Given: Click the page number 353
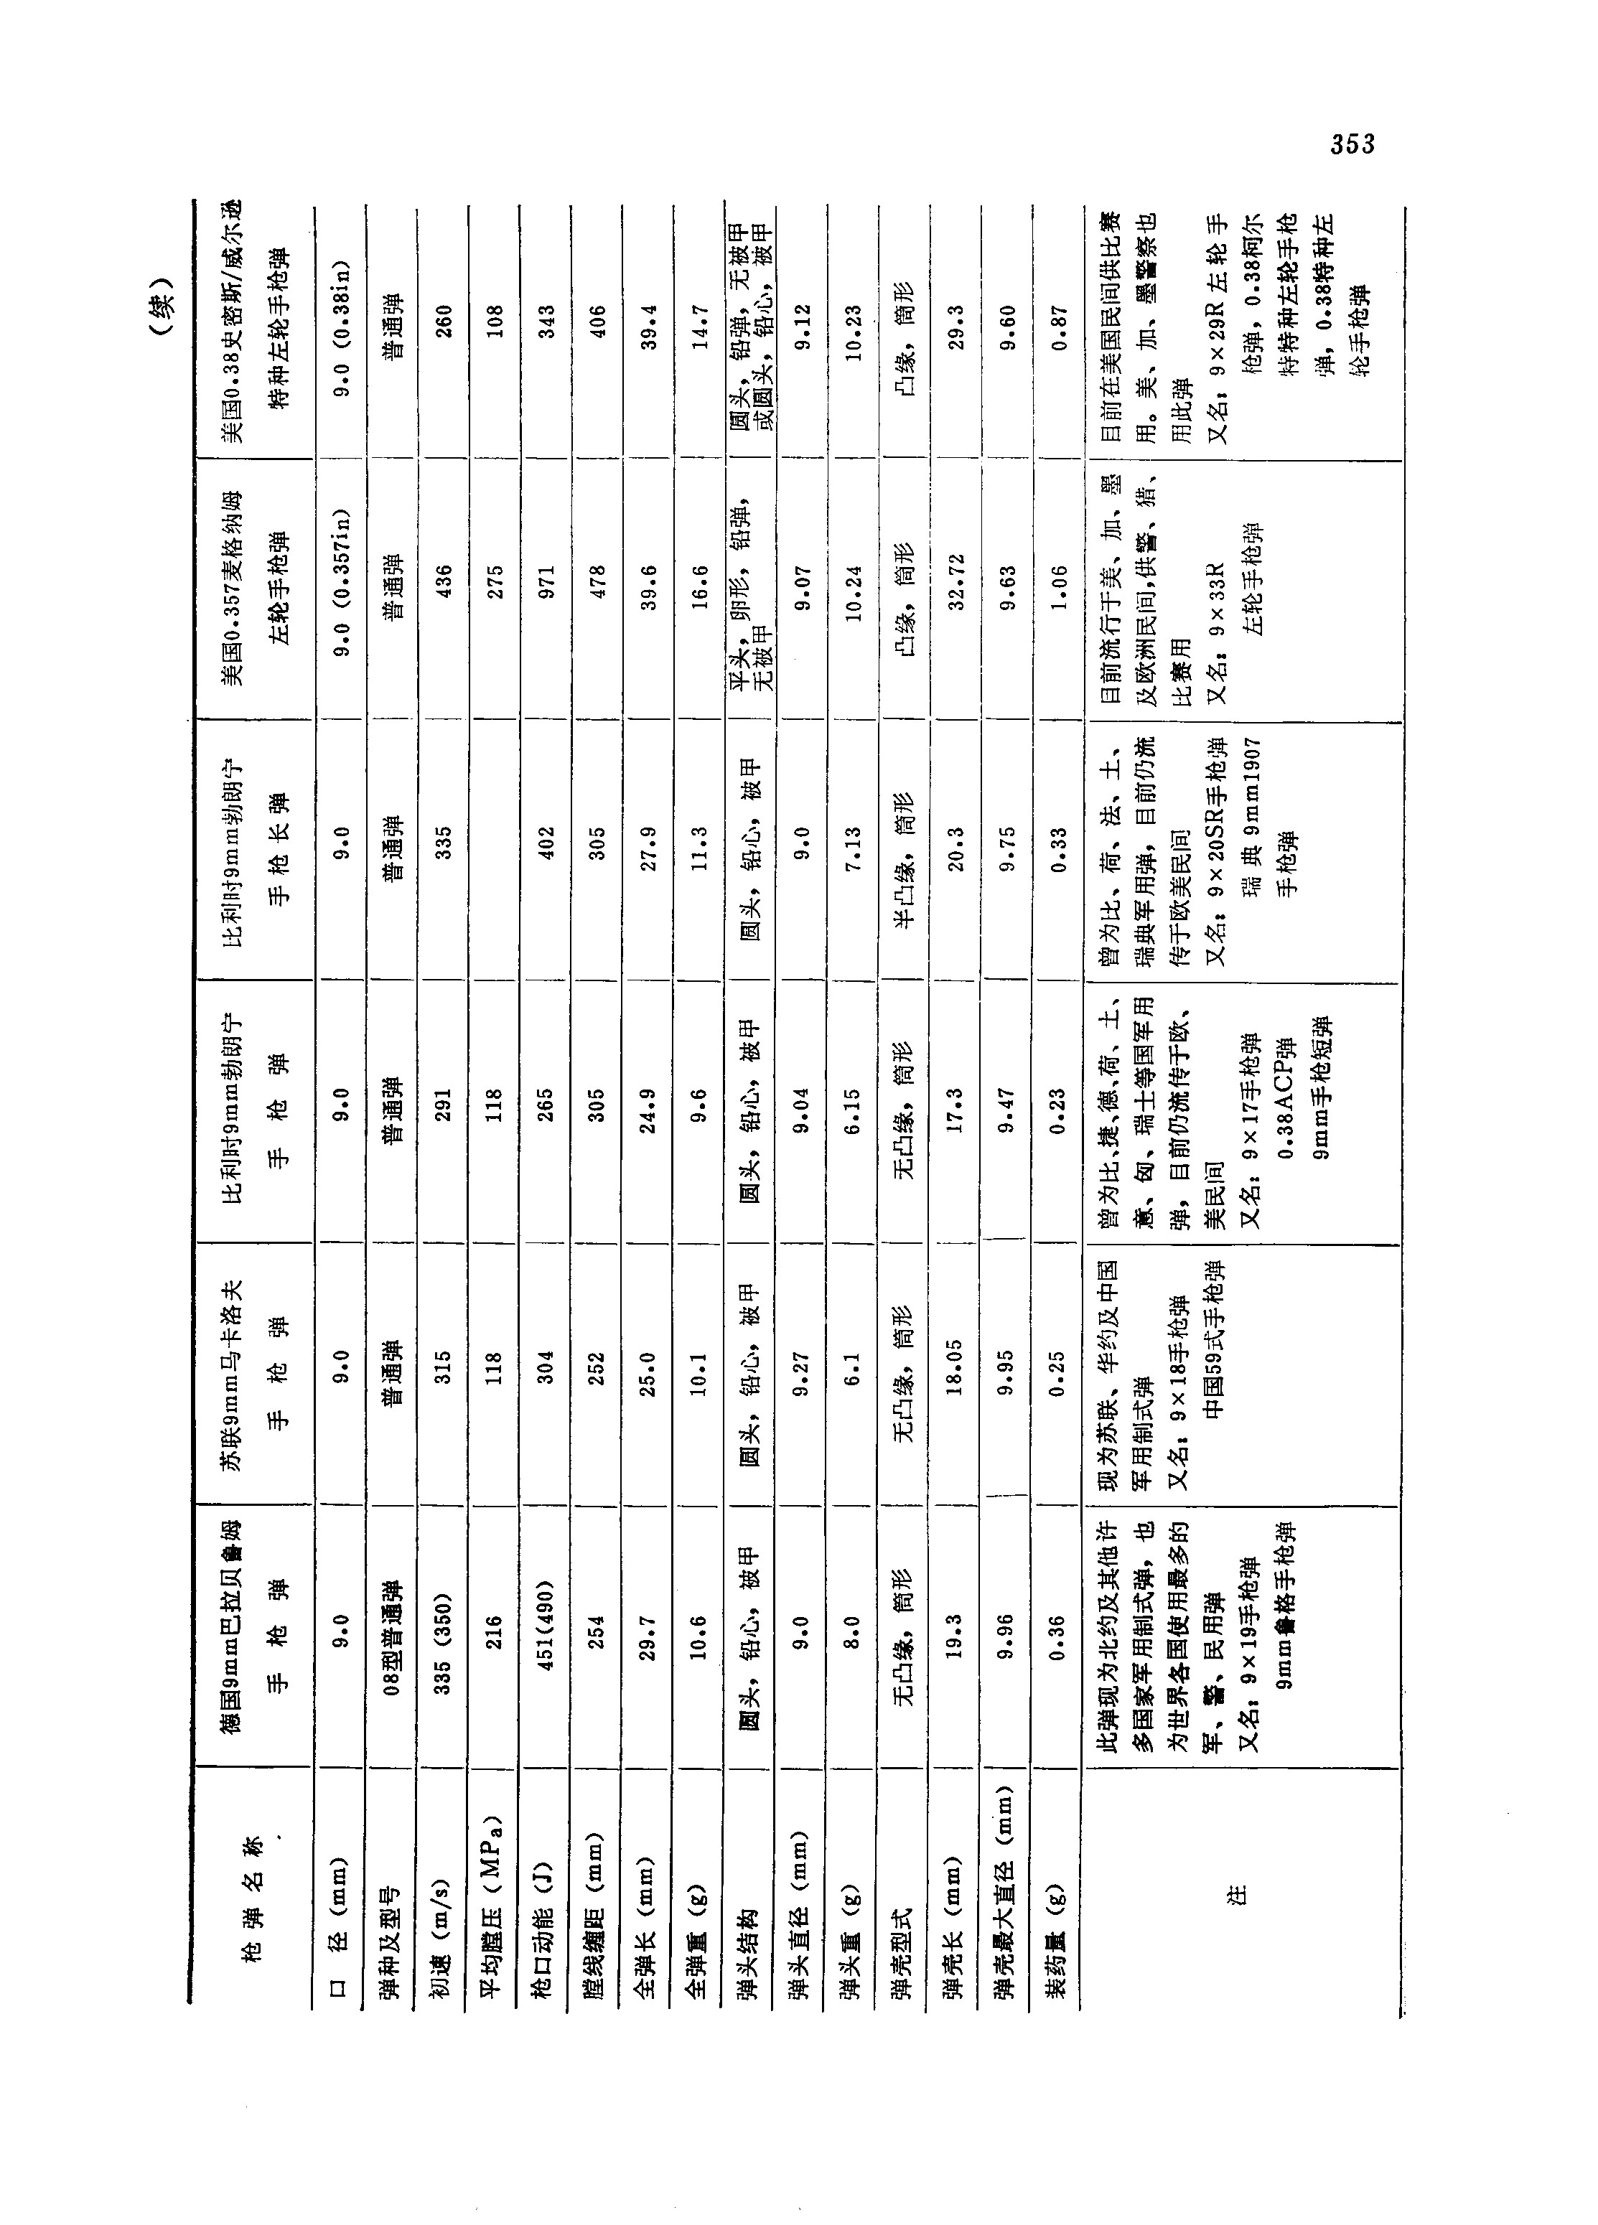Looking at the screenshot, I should click(x=1352, y=145).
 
